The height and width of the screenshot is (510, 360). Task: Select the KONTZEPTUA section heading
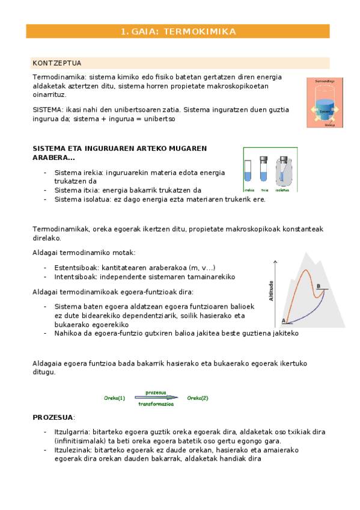coord(57,63)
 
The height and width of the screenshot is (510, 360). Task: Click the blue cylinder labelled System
coord(325,110)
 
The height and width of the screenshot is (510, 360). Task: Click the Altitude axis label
coord(272,292)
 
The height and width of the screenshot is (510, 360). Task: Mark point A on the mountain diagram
coord(284,321)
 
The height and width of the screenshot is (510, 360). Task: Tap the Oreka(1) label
coord(115,398)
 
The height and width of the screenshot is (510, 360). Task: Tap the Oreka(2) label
coord(198,398)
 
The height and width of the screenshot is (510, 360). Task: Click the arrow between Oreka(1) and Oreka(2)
coord(156,398)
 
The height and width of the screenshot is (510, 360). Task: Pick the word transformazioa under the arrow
coord(156,405)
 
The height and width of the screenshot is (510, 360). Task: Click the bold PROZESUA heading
coord(52,417)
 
